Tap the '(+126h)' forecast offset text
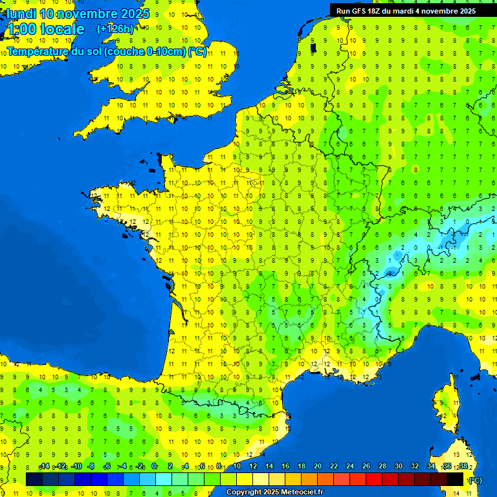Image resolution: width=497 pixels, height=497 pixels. click(115, 28)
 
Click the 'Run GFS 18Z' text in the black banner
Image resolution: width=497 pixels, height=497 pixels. click(360, 11)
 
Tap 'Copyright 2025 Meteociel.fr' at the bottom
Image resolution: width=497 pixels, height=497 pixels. click(274, 492)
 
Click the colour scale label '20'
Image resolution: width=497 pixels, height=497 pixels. click(317, 467)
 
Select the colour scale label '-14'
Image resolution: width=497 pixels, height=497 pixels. click(44, 467)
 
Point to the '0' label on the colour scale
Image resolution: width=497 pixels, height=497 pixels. click(154, 467)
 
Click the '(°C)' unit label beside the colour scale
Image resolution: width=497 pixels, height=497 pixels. click(474, 480)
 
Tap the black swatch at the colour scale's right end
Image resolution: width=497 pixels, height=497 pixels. click(455, 479)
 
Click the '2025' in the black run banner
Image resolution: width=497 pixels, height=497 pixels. click(467, 11)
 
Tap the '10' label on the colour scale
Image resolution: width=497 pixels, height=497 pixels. click(237, 467)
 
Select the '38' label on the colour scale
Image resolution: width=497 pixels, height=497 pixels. click(463, 467)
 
